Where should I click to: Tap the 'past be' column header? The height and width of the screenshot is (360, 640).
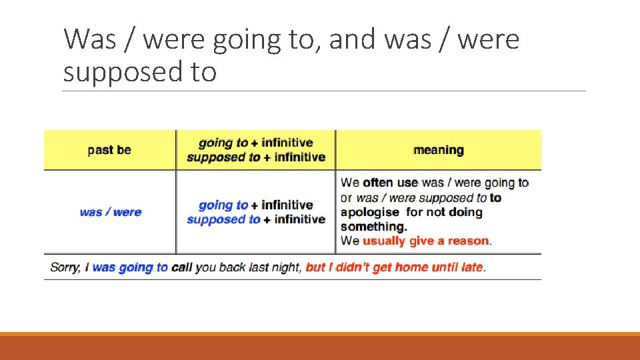[109, 150]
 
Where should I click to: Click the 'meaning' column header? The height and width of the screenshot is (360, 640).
[439, 150]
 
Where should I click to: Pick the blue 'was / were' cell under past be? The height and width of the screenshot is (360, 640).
[110, 212]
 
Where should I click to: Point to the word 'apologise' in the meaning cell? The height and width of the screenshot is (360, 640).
[370, 212]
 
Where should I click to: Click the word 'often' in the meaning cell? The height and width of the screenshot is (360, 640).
[379, 183]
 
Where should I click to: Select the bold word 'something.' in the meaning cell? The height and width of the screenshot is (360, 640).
[373, 227]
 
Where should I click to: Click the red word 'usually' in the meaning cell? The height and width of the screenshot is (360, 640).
[383, 241]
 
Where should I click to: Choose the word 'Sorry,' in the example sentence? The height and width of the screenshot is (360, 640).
[65, 267]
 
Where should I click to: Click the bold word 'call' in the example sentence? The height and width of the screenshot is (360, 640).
[181, 267]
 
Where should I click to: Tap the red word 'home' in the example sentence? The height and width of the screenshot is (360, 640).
[411, 267]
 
